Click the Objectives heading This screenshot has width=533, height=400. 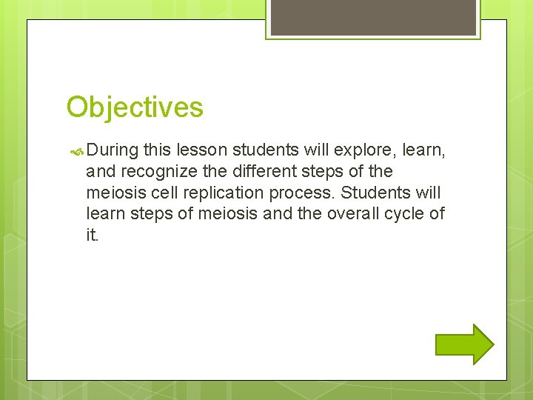point(134,107)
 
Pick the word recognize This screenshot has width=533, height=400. point(155,172)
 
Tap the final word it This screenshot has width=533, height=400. point(92,235)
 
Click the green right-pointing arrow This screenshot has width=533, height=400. point(464,344)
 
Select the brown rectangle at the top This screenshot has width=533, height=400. point(373,17)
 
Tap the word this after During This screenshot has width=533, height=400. point(156,150)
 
